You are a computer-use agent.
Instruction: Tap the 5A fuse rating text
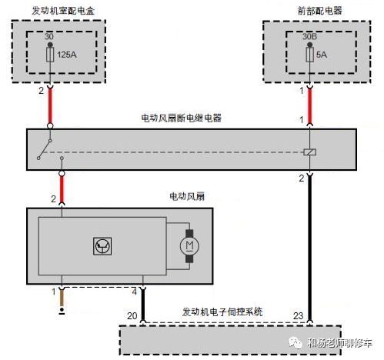click(x=319, y=55)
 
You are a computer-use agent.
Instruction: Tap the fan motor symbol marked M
click(x=189, y=245)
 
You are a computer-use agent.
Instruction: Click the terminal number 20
click(x=131, y=315)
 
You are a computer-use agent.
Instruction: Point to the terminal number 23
click(x=299, y=315)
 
